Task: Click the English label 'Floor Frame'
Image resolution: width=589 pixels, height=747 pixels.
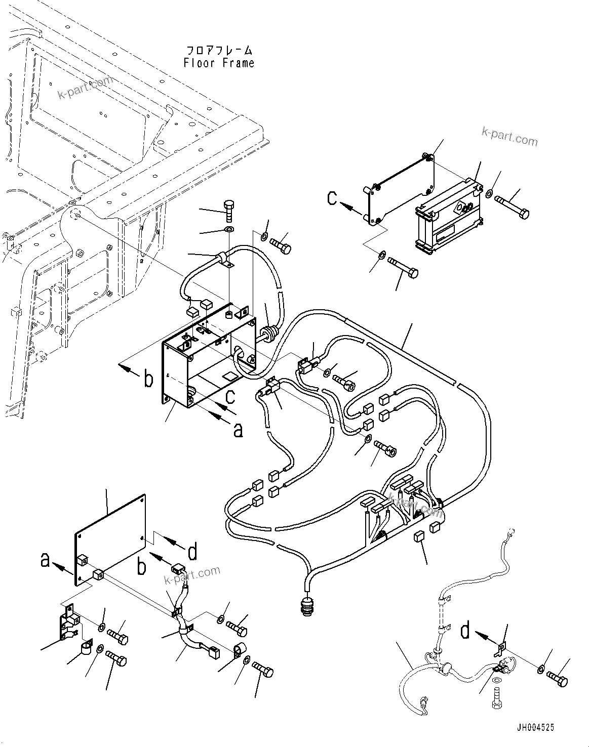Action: (219, 63)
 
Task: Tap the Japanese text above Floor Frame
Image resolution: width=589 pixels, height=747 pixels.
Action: (219, 51)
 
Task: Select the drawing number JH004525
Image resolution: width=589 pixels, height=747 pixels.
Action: (535, 727)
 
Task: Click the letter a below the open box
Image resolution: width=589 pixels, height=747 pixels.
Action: (238, 430)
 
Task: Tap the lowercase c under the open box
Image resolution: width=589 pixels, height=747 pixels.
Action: (229, 396)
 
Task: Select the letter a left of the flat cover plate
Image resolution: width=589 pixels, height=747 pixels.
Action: (46, 560)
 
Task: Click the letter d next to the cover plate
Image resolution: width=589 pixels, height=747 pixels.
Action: (192, 552)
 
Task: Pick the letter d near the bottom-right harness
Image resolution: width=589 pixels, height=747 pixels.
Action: (466, 632)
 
